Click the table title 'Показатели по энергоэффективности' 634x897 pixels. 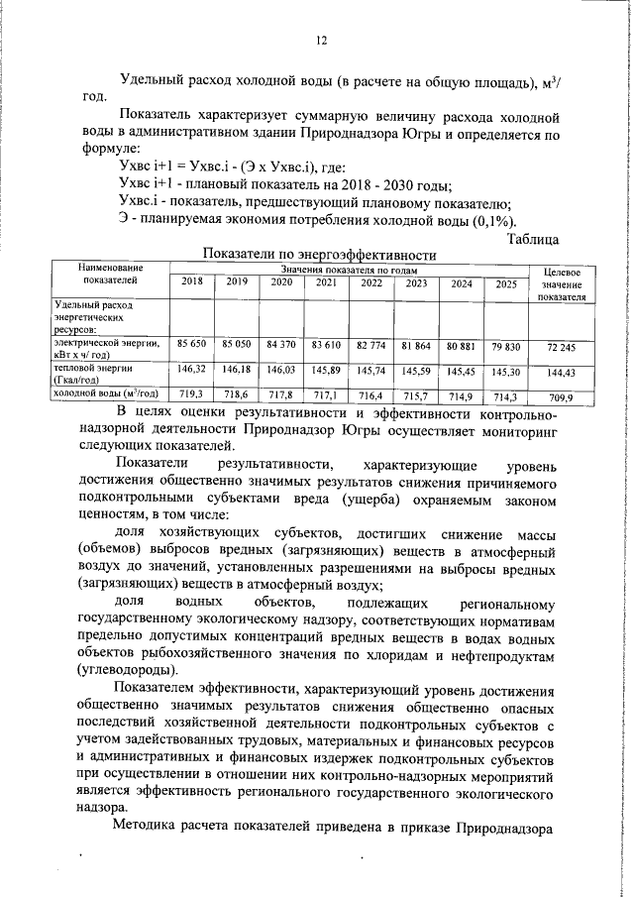pos(320,255)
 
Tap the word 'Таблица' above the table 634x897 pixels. pos(532,238)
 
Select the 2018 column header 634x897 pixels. pos(191,282)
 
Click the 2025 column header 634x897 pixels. pos(506,283)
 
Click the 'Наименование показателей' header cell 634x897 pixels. pos(110,275)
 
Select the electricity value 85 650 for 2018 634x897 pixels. pos(191,343)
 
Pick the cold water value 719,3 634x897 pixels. pos(191,393)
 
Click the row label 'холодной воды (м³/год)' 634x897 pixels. pos(108,394)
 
